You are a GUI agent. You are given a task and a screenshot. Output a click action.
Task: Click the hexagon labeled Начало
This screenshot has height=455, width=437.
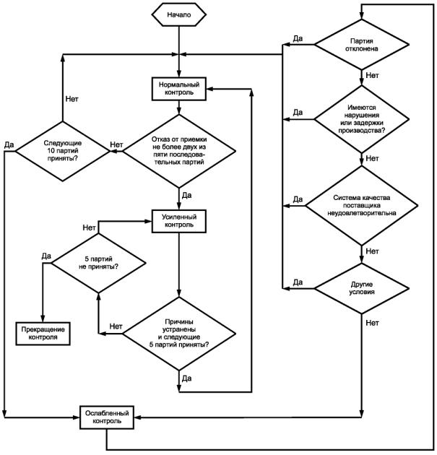click(x=179, y=14)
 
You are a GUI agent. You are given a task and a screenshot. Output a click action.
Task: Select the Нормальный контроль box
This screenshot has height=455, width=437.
click(x=179, y=89)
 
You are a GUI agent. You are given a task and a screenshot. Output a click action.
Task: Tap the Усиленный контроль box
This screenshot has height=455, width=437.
click(x=179, y=221)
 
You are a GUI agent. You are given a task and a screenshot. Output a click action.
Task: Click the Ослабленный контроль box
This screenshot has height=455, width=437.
click(x=107, y=417)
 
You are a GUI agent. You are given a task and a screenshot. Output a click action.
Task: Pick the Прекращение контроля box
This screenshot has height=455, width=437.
click(x=43, y=334)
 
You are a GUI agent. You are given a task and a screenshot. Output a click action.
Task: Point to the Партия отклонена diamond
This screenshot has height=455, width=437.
click(x=362, y=45)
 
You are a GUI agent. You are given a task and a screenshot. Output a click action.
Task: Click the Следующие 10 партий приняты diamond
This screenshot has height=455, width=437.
click(x=63, y=151)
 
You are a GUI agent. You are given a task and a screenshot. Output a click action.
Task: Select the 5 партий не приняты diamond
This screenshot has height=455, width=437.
click(x=98, y=263)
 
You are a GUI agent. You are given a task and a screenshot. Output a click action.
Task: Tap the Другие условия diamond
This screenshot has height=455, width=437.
click(x=362, y=288)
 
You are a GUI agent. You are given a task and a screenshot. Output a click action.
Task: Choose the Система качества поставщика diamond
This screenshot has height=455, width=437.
click(x=362, y=205)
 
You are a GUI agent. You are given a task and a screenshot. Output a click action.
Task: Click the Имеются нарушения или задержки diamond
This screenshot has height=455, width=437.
click(x=362, y=119)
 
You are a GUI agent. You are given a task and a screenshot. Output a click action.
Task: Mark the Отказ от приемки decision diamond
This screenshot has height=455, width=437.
click(x=179, y=151)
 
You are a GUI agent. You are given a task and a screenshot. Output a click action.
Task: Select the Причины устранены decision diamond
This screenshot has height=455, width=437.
click(x=179, y=334)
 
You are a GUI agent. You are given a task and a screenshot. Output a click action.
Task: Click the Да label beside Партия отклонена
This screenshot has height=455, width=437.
click(x=298, y=38)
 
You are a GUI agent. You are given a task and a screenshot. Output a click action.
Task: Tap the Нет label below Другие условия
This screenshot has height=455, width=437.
click(x=372, y=323)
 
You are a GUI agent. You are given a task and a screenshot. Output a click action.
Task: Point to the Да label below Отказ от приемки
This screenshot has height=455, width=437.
click(x=187, y=195)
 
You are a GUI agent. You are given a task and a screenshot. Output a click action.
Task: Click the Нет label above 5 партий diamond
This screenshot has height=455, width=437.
click(x=89, y=227)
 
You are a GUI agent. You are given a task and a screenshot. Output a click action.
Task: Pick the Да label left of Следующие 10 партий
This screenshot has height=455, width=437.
click(x=9, y=144)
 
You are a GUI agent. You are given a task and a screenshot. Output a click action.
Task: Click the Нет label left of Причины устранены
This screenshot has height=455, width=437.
click(x=116, y=326)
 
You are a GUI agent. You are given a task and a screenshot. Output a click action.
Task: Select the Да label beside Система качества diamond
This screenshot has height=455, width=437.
click(x=298, y=199)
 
